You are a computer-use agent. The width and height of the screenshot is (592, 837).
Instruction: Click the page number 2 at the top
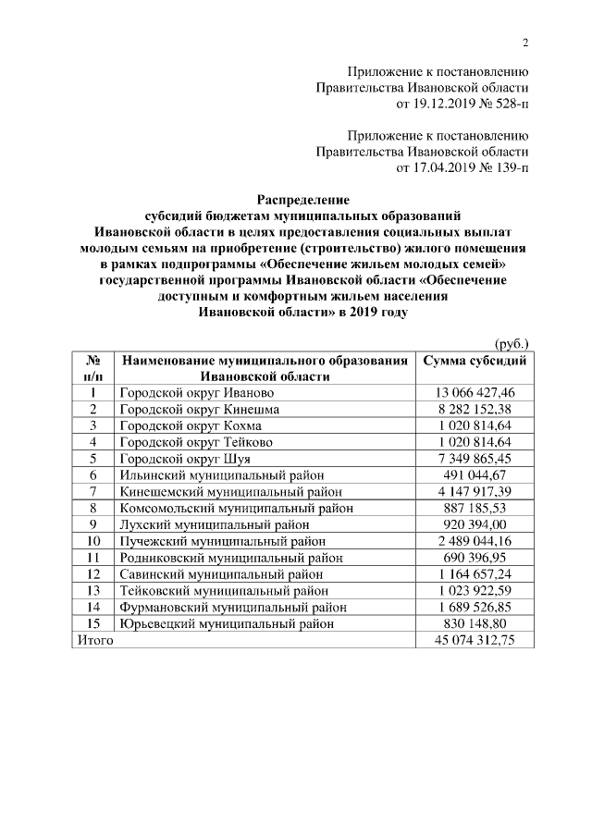pyautogui.click(x=525, y=43)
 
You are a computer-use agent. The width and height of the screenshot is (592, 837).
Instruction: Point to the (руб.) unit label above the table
pyautogui.click(x=512, y=343)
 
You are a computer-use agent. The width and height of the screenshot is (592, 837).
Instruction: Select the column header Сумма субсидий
pyautogui.click(x=475, y=361)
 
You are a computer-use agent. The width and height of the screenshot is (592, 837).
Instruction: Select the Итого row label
pyautogui.click(x=94, y=641)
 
